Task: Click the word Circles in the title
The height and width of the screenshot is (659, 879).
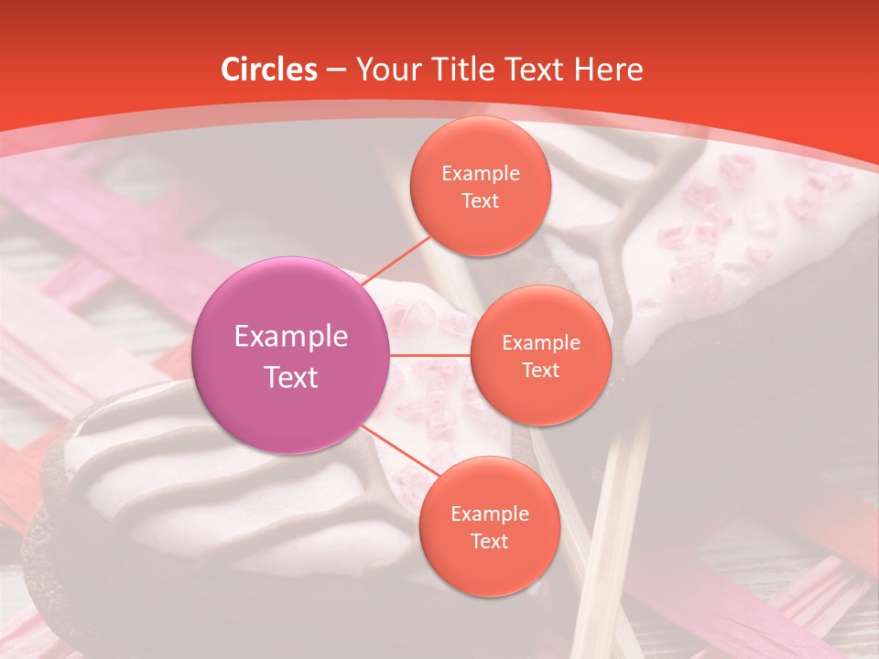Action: [x=269, y=70]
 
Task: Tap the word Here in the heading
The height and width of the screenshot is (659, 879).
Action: [x=608, y=70]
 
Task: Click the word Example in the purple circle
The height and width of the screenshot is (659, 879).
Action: [x=291, y=337]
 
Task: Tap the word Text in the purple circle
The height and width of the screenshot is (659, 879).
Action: [x=291, y=377]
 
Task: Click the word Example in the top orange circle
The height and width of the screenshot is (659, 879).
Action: [x=480, y=174]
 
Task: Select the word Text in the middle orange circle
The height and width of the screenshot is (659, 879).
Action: [x=540, y=370]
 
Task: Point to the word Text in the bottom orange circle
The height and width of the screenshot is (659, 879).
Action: [x=489, y=541]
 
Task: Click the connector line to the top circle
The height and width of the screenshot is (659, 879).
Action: [x=395, y=264]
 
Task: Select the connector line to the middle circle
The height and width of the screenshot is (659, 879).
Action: [x=430, y=354]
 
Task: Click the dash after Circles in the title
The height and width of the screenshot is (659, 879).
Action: [x=336, y=70]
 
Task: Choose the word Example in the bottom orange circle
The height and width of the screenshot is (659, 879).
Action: [x=489, y=514]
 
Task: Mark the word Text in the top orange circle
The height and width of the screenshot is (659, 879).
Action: [x=480, y=200]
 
